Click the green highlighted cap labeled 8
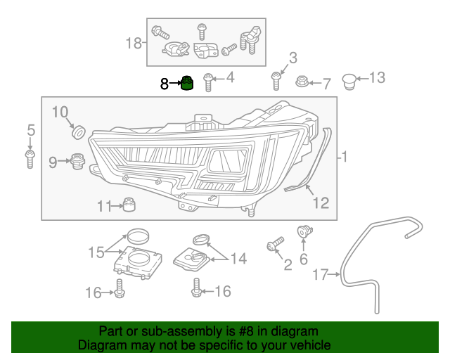click(x=187, y=84)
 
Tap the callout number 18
click(x=134, y=44)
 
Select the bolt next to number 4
click(x=208, y=82)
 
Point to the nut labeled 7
click(x=302, y=82)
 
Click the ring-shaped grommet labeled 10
click(x=79, y=131)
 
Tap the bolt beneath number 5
click(x=30, y=158)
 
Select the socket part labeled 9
click(x=77, y=163)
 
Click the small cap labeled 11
click(x=129, y=205)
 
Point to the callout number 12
click(x=321, y=203)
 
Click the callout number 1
click(x=344, y=157)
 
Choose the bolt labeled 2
click(x=274, y=245)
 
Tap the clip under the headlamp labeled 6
click(x=304, y=231)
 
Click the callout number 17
click(x=321, y=275)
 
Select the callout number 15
click(x=96, y=251)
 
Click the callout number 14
click(x=238, y=259)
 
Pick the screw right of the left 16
click(x=119, y=288)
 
